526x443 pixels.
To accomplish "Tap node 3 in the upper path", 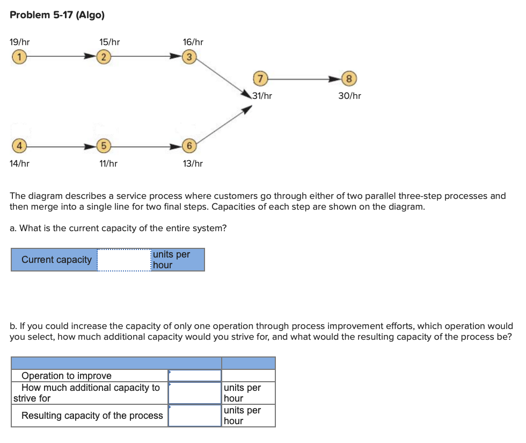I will [x=188, y=55].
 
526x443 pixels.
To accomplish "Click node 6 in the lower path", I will [x=189, y=146].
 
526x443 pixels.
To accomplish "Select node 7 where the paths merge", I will [x=260, y=79].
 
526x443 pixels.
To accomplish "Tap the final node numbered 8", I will [x=349, y=79].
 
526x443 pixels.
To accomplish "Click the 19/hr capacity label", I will [x=20, y=41].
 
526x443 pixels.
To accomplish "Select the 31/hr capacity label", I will [x=262, y=96].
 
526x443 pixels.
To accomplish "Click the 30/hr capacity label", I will [x=349, y=96].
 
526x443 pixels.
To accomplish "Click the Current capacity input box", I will [x=124, y=260].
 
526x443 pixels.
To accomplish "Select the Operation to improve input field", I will [x=195, y=375].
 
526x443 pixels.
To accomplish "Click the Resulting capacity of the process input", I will [x=195, y=416].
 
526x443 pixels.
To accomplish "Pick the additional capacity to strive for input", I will [x=195, y=392].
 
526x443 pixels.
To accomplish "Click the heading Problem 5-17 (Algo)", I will [x=57, y=15].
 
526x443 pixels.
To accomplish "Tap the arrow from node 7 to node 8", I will [x=303, y=79].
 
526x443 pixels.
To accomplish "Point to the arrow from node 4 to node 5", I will [x=59, y=146].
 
